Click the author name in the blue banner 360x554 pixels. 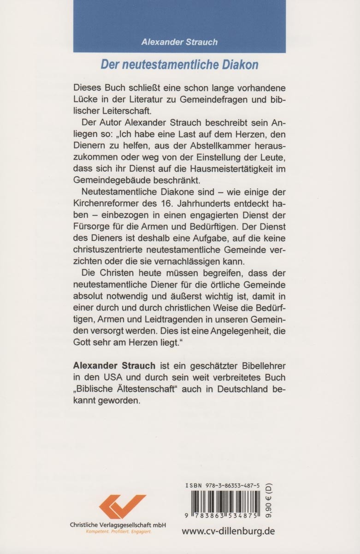point(179,42)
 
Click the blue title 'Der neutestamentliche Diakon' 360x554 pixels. point(179,65)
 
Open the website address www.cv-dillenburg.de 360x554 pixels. point(228,531)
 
